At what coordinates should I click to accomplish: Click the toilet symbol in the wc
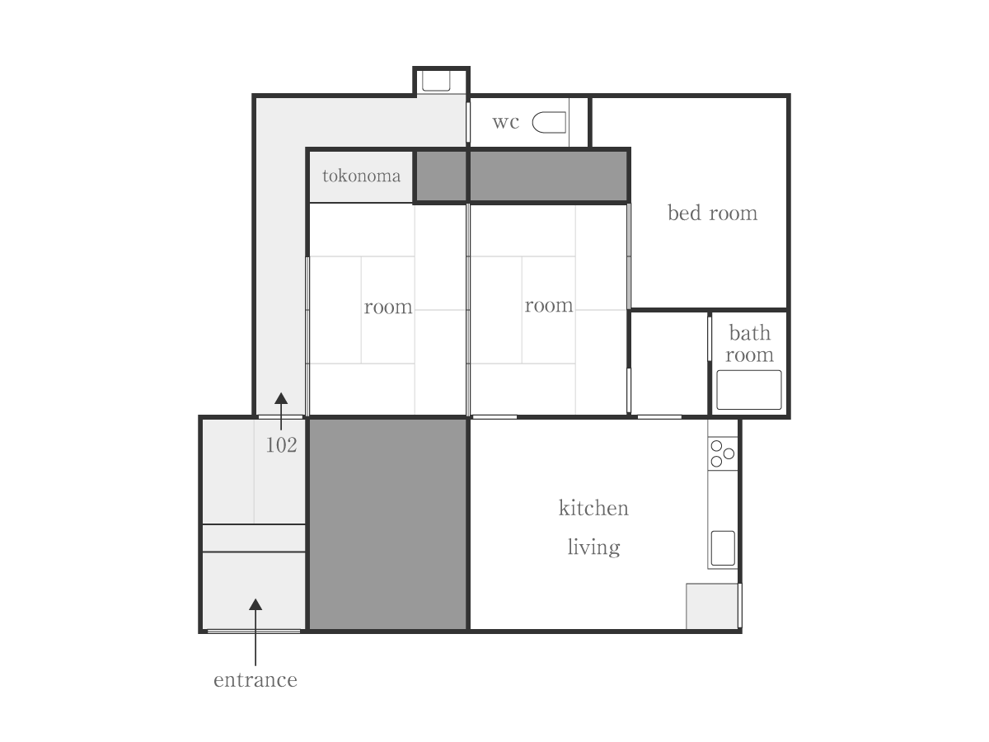[x=549, y=123]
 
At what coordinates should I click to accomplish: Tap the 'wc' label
[x=506, y=123]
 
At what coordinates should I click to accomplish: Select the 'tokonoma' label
[x=361, y=176]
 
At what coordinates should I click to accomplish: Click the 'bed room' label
[x=712, y=214]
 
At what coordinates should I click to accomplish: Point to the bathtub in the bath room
[x=748, y=389]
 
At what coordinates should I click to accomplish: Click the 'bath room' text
[x=749, y=344]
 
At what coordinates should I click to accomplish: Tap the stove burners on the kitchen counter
[x=722, y=453]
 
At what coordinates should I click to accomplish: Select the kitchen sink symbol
[x=723, y=548]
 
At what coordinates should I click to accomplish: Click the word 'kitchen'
[x=593, y=508]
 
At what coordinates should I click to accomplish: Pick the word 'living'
[x=593, y=547]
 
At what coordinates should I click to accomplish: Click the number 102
[x=281, y=445]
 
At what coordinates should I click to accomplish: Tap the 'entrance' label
[x=255, y=680]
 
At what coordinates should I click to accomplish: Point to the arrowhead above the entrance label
[x=255, y=604]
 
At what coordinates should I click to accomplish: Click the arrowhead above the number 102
[x=281, y=399]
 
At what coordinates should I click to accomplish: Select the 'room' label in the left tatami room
[x=388, y=308]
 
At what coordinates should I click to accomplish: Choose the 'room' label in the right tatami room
[x=549, y=306]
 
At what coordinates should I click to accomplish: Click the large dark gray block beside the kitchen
[x=388, y=524]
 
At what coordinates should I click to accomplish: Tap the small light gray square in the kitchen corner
[x=712, y=606]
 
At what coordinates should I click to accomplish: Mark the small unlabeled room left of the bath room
[x=668, y=363]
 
